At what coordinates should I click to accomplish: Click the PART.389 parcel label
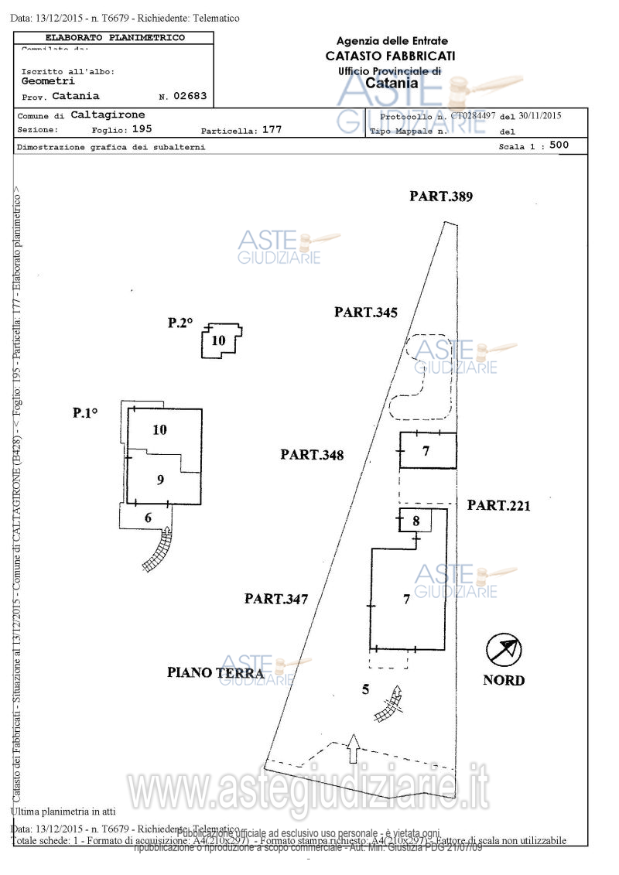(x=441, y=197)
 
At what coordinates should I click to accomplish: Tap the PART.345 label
(x=366, y=313)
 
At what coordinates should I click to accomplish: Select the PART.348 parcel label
(x=312, y=455)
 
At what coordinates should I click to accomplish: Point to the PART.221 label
(x=498, y=505)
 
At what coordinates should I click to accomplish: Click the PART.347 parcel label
(x=276, y=598)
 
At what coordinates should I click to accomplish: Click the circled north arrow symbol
(x=504, y=648)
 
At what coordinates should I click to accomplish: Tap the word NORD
(x=504, y=681)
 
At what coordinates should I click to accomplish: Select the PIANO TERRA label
(x=215, y=672)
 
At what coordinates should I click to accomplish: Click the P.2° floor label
(x=180, y=323)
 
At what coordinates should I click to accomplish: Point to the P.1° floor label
(x=85, y=413)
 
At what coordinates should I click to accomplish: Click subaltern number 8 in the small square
(x=416, y=521)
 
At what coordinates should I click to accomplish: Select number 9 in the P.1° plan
(x=160, y=480)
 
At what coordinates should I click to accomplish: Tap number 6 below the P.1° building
(x=148, y=518)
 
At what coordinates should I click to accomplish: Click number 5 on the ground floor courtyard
(x=365, y=689)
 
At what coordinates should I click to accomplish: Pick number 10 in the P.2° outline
(x=219, y=340)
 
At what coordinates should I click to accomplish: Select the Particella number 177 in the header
(x=272, y=130)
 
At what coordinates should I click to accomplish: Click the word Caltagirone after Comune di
(x=108, y=115)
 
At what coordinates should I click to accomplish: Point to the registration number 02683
(x=190, y=97)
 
